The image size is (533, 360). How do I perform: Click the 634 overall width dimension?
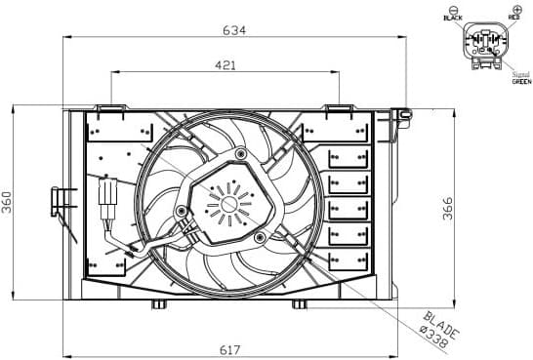[233, 30]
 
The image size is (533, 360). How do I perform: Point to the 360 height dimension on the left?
[8, 202]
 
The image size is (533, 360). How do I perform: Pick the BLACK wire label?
[453, 19]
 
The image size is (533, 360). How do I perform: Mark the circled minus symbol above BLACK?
[453, 8]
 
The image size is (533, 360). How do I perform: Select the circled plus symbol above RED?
[513, 8]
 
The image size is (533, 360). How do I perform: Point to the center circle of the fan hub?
[230, 202]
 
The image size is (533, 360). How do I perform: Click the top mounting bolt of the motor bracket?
[240, 153]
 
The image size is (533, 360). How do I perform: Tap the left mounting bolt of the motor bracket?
[179, 211]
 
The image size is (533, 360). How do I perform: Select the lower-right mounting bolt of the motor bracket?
[259, 236]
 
